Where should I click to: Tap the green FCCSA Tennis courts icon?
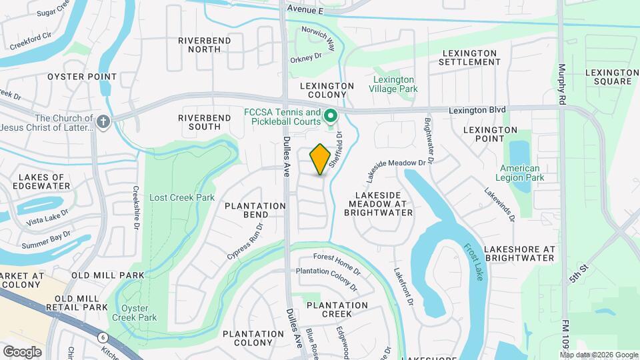click(330, 118)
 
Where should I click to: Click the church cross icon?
click(103, 122)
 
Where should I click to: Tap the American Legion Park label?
click(520, 173)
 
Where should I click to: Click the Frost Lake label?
click(472, 261)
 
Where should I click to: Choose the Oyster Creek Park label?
click(139, 313)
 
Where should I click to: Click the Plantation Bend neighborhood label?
click(246, 210)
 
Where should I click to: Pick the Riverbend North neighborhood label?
click(204, 45)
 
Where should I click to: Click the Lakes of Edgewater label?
click(45, 181)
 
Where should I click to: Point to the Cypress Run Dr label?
click(246, 241)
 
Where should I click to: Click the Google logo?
click(22, 351)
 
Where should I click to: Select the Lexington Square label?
click(608, 77)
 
